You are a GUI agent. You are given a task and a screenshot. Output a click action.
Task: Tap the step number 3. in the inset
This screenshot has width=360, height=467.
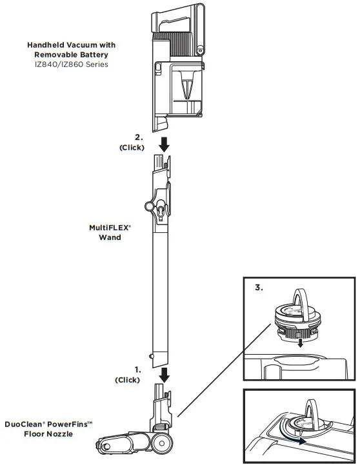click(x=258, y=288)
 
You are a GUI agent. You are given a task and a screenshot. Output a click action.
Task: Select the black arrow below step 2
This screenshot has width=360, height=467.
click(x=164, y=143)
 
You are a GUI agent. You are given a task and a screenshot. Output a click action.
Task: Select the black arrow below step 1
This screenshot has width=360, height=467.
click(x=164, y=374)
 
